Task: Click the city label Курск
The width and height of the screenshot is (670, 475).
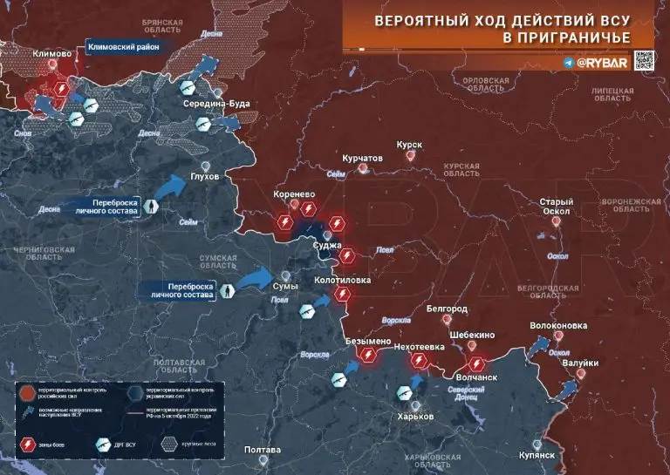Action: (409, 145)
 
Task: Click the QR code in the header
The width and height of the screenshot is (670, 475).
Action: (643, 61)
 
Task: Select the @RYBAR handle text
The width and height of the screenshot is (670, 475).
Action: (600, 63)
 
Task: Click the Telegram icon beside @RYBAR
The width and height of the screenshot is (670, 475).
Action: (568, 63)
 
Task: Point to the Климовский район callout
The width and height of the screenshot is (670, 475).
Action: (123, 48)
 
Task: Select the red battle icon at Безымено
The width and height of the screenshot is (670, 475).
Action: (369, 356)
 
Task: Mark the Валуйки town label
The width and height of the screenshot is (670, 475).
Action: (580, 363)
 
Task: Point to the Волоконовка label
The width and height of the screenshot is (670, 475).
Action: (557, 326)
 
